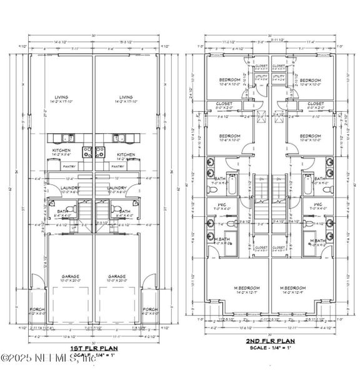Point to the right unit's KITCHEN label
126,154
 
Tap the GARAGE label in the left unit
69,276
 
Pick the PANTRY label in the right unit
117,167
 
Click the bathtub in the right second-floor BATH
309,186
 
